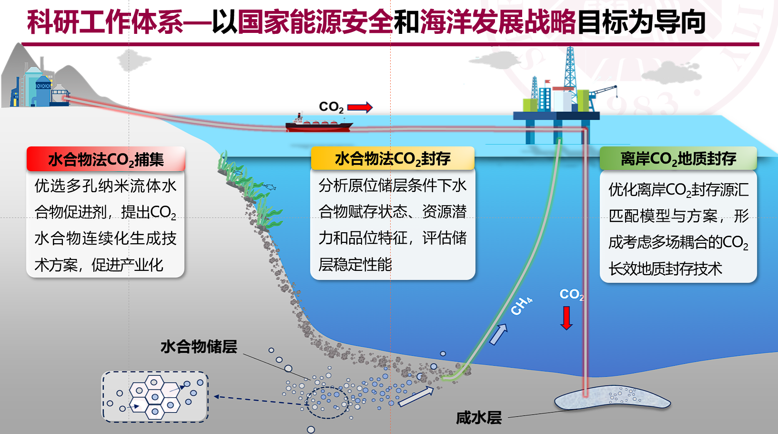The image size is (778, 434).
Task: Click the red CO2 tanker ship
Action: (x=319, y=124)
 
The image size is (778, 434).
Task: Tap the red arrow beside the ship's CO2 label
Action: (x=360, y=107)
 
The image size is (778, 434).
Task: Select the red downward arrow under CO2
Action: (x=566, y=318)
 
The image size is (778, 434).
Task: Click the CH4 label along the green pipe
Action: (x=521, y=306)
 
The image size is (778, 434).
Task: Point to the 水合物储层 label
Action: (x=199, y=347)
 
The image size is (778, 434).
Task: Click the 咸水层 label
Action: (x=479, y=418)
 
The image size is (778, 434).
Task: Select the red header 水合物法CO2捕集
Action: (x=106, y=159)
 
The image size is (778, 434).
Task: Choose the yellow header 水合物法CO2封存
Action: (x=393, y=159)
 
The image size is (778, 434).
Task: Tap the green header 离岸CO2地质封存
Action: (x=678, y=159)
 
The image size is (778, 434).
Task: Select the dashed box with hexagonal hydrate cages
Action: (x=155, y=397)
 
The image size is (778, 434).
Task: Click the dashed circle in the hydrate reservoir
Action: (x=327, y=402)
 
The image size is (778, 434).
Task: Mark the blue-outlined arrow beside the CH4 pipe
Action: (x=498, y=334)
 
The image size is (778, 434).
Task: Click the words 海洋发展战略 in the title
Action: (x=498, y=22)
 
